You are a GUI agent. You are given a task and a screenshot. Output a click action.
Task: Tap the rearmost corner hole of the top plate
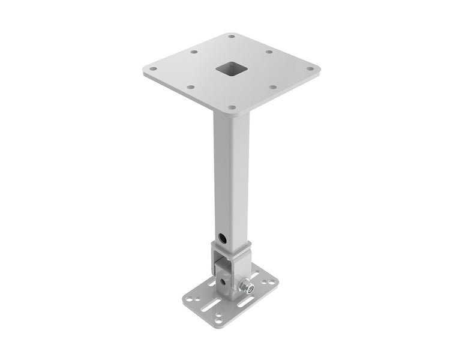[231, 37]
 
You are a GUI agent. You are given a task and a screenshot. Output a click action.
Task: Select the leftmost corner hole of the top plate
[153, 68]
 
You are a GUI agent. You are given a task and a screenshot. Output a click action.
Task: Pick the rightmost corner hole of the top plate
[310, 68]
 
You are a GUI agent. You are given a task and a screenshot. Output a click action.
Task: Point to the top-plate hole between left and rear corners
[193, 52]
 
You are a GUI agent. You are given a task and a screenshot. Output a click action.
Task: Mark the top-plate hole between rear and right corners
[269, 52]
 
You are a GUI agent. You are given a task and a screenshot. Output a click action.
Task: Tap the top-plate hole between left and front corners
[191, 87]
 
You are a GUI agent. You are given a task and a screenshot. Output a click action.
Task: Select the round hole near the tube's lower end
[223, 238]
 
